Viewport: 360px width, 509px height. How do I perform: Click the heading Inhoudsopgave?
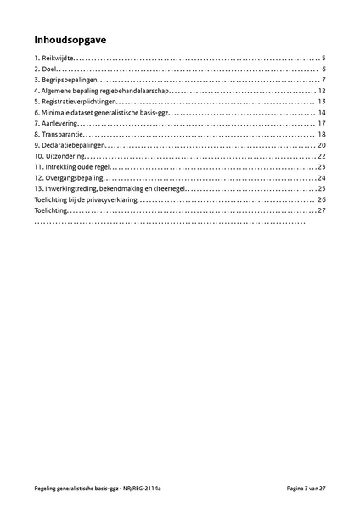[x=71, y=39]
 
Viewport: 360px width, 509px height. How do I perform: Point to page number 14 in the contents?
[x=323, y=113]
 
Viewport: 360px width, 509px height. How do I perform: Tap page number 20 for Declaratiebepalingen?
[x=323, y=146]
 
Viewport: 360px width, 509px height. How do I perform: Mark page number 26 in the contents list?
[x=323, y=200]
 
